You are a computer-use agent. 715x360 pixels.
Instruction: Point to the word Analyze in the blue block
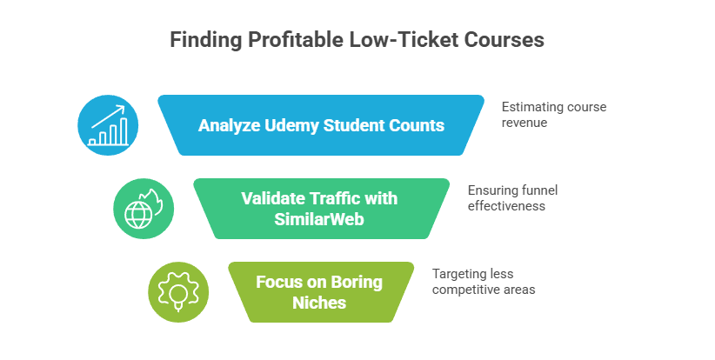[227, 125]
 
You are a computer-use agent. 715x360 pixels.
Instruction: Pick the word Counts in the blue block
[416, 125]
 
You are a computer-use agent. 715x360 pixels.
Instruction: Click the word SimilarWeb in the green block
[319, 220]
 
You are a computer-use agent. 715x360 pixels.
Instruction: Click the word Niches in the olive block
[319, 303]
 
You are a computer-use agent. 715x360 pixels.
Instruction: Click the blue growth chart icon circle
[109, 124]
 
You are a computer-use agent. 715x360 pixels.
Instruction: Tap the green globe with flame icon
[144, 209]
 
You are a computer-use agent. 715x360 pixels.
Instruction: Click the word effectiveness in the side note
[507, 206]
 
